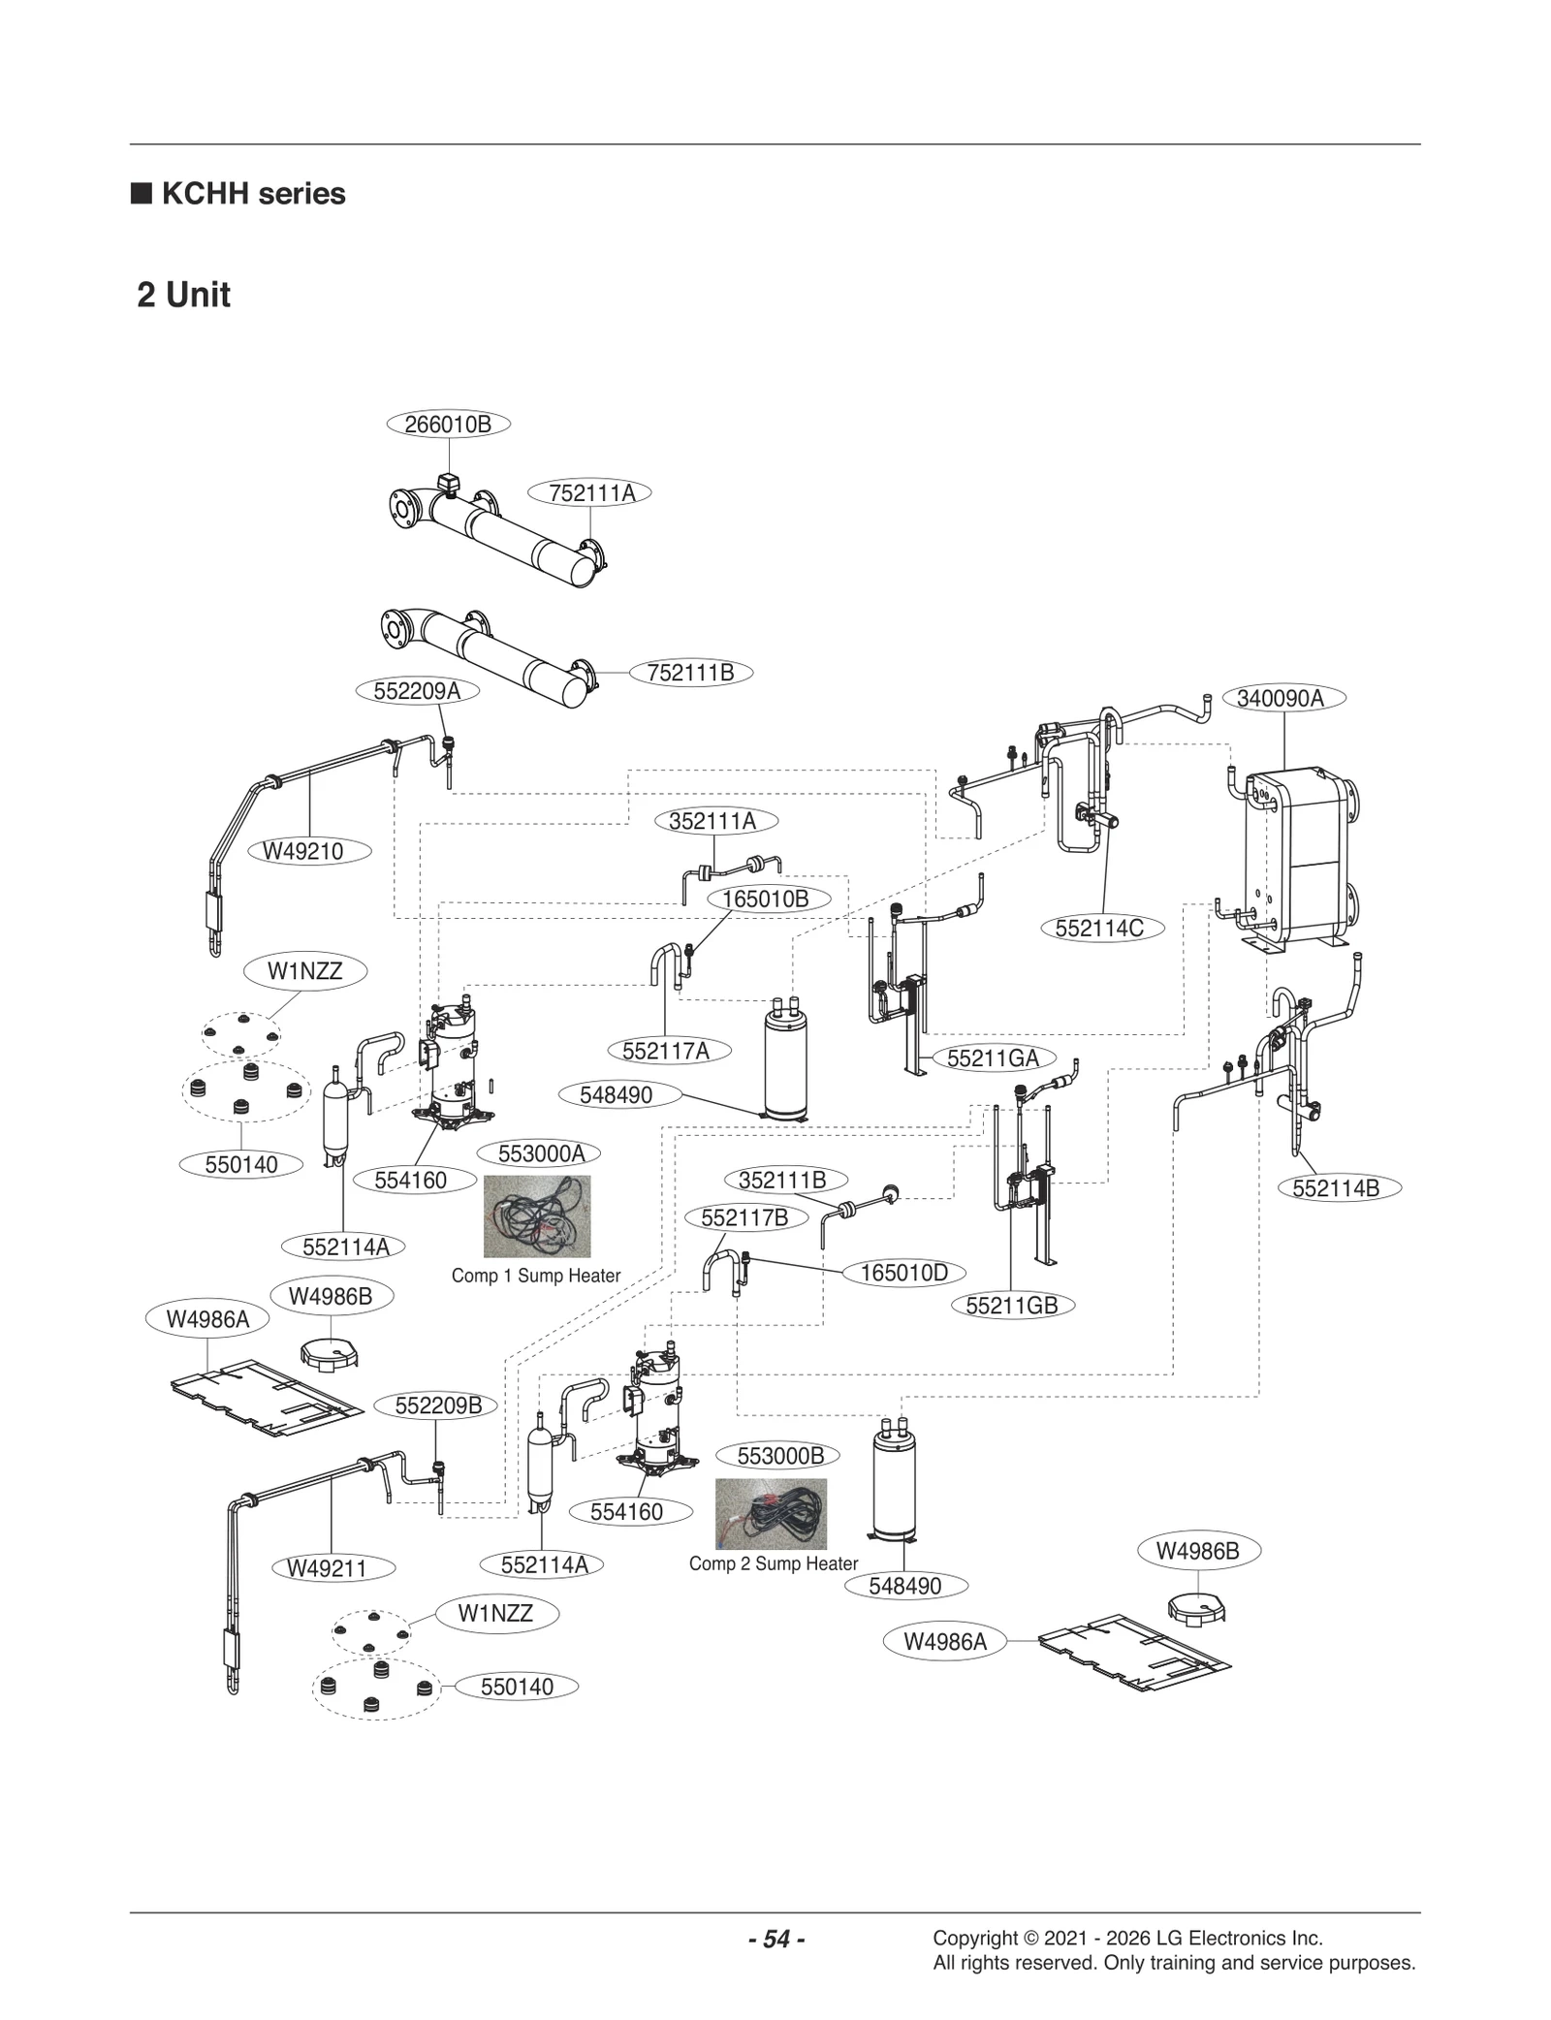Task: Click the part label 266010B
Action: click(x=448, y=425)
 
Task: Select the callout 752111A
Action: click(x=591, y=493)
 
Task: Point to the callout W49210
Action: click(x=302, y=852)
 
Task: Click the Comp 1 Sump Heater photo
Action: click(x=536, y=1216)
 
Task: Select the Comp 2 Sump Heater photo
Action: click(x=771, y=1513)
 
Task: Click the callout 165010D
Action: click(x=903, y=1273)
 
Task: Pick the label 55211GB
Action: click(x=1011, y=1306)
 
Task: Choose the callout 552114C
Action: click(x=1098, y=929)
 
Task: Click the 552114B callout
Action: click(x=1335, y=1188)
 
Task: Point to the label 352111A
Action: click(x=712, y=822)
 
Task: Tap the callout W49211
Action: click(x=328, y=1568)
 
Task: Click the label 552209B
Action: click(x=438, y=1405)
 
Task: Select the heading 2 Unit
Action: click(x=183, y=295)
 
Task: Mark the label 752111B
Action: click(x=690, y=673)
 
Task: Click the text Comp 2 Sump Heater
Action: click(x=773, y=1563)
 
